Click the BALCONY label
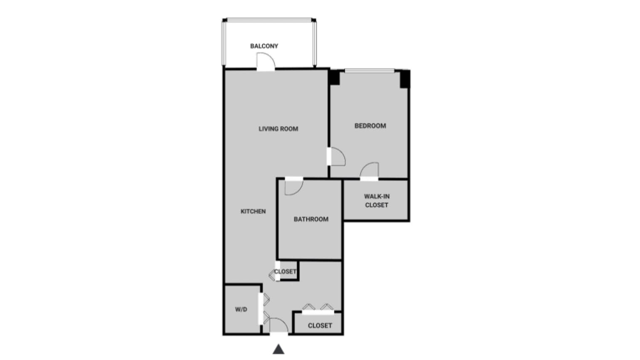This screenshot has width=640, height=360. (x=264, y=46)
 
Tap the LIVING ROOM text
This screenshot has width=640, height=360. (x=278, y=129)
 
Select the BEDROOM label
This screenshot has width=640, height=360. (x=370, y=125)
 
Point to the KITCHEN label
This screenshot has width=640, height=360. (x=253, y=211)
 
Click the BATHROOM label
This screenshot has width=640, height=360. (x=311, y=219)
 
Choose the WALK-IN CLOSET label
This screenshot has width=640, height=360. (x=376, y=200)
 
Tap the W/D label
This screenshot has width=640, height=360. (x=241, y=309)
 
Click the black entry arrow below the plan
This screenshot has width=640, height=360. (x=278, y=349)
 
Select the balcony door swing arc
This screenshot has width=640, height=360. (x=266, y=61)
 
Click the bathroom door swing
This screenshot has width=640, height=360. (x=293, y=187)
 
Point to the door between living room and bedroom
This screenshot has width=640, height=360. (x=337, y=157)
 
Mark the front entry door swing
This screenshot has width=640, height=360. (x=278, y=325)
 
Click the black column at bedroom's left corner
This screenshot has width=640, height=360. (x=334, y=78)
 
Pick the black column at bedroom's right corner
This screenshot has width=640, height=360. (x=405, y=79)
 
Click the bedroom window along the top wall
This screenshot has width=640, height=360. (x=369, y=71)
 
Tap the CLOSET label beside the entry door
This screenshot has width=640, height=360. (x=320, y=325)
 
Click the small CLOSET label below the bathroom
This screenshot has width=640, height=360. (x=285, y=272)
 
